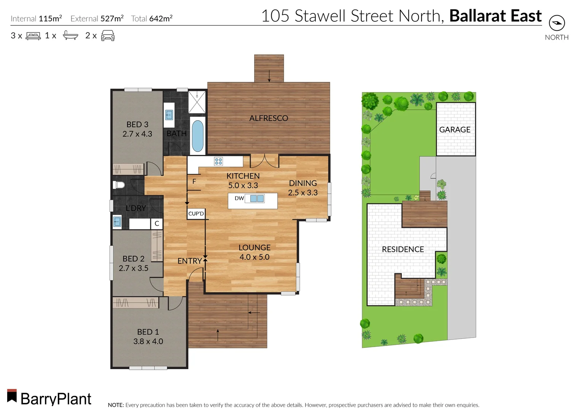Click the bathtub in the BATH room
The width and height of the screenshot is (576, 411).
(x=197, y=136)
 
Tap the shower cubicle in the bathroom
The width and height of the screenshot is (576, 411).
(x=197, y=102)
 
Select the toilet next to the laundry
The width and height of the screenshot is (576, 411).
(x=119, y=185)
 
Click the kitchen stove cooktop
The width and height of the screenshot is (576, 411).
(x=218, y=161)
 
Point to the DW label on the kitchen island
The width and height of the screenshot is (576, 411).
(x=239, y=198)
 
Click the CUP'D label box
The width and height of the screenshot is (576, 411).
(x=196, y=213)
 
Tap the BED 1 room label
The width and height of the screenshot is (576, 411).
(x=148, y=332)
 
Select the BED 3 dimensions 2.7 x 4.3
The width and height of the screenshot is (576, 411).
(x=137, y=134)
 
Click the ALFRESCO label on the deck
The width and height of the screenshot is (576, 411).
(x=269, y=118)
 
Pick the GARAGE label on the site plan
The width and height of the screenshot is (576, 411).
(x=455, y=130)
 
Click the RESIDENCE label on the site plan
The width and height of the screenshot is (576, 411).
(x=403, y=249)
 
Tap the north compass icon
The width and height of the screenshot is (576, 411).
(x=557, y=23)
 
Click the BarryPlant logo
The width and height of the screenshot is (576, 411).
(x=49, y=398)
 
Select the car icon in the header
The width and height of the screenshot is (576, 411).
(x=108, y=35)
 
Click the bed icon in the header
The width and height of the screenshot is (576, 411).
(x=33, y=36)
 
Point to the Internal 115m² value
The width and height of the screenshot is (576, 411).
(x=50, y=18)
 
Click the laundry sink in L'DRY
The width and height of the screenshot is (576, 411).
(x=117, y=221)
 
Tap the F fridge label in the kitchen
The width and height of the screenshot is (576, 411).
(x=194, y=182)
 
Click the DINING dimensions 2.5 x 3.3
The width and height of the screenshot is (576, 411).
(x=303, y=193)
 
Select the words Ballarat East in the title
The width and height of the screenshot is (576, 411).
(x=495, y=16)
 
